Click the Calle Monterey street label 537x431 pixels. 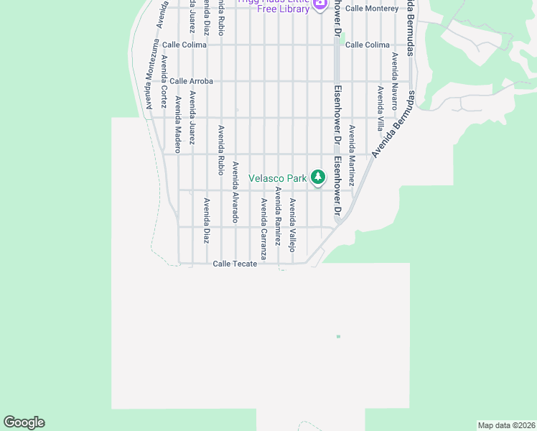371,9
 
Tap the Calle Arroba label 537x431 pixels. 191,81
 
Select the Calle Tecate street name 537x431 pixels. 235,264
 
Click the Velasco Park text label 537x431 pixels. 278,178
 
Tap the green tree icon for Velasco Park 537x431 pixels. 317,177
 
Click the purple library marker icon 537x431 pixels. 319,4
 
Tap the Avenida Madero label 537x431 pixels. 177,124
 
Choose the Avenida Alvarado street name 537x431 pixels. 235,192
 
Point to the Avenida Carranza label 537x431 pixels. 263,228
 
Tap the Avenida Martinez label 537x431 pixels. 352,156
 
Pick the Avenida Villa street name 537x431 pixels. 380,108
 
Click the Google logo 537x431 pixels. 24,422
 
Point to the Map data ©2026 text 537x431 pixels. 506,425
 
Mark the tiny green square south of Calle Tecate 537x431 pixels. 338,336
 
